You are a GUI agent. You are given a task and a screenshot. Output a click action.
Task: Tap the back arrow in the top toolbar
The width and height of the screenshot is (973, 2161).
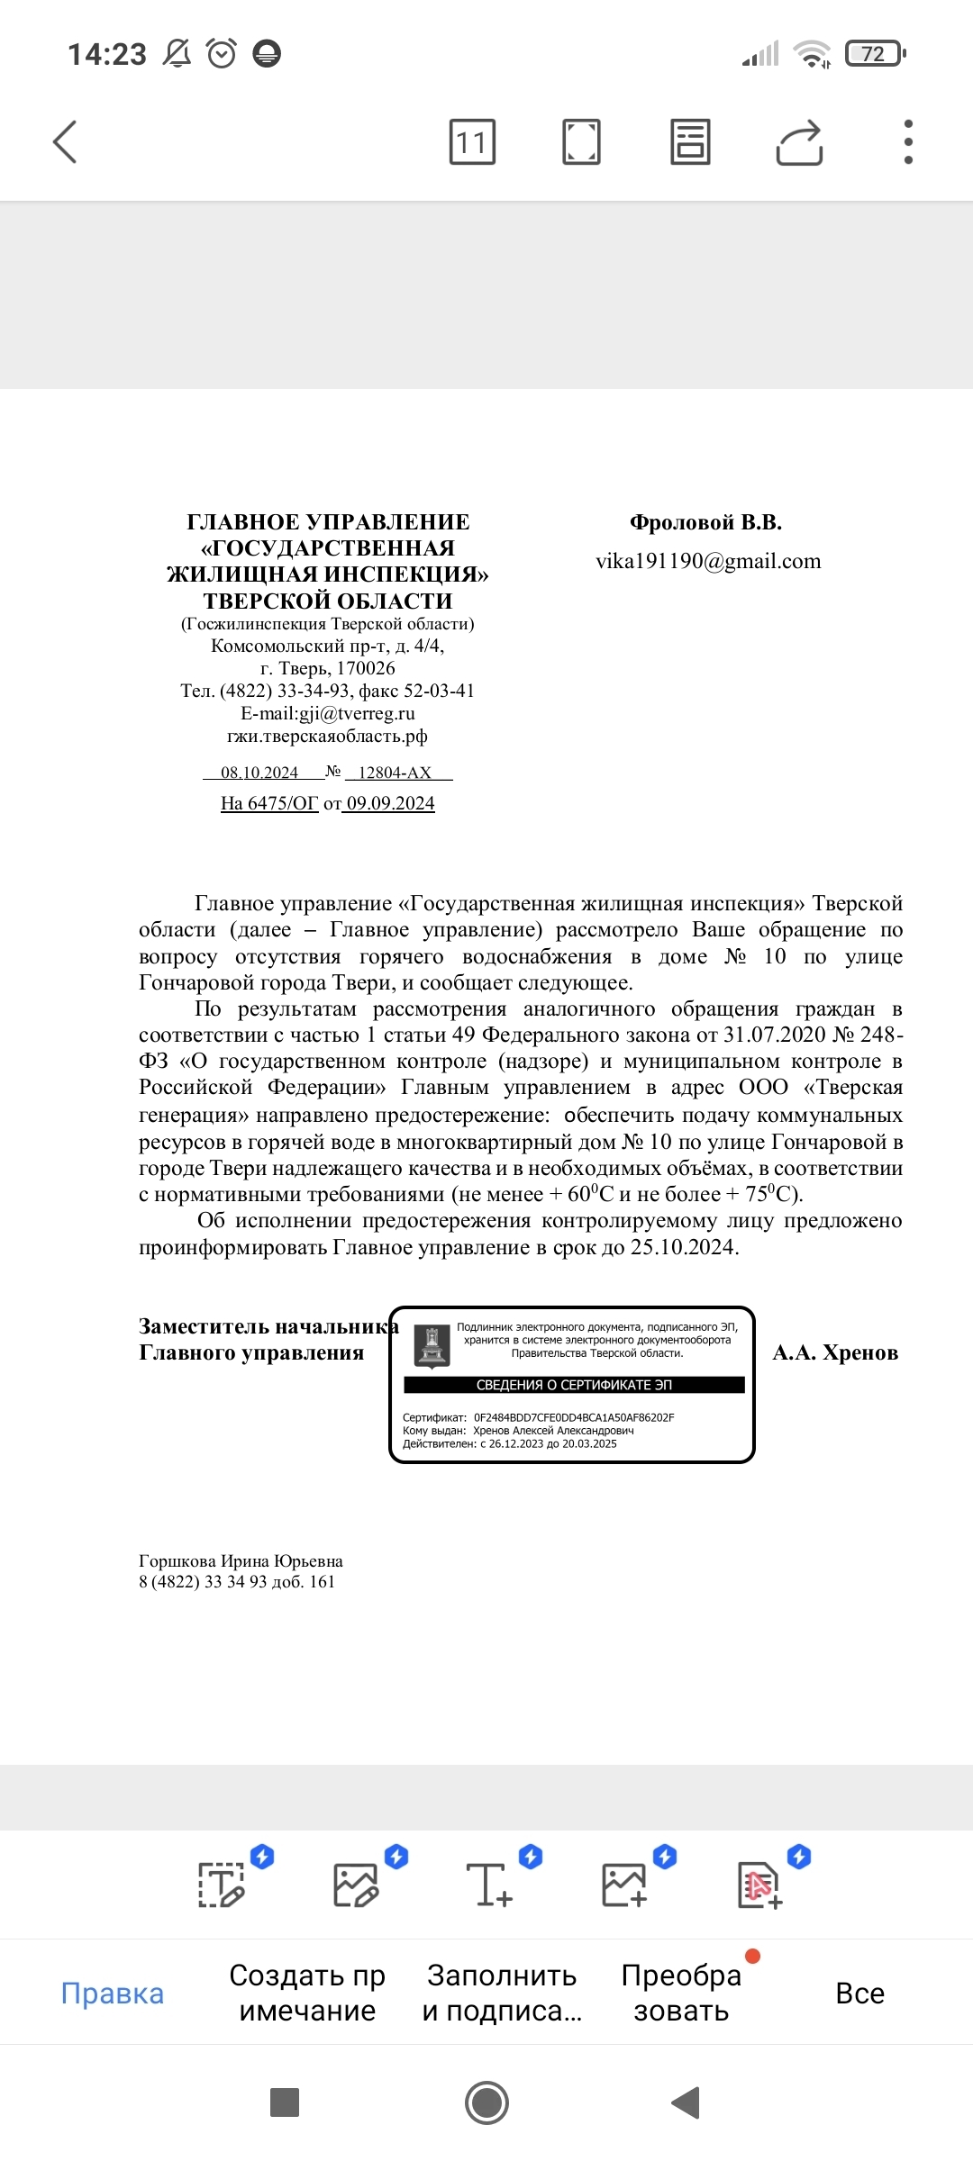(x=65, y=142)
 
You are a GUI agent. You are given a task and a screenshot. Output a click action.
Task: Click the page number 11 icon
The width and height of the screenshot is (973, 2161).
(x=472, y=142)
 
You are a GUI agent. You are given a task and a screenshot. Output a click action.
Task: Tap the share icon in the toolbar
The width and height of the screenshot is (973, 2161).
(x=799, y=142)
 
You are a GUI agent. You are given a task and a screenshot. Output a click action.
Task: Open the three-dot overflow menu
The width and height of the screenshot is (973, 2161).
(x=908, y=142)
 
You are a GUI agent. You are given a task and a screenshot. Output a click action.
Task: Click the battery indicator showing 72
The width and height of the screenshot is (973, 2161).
(x=874, y=54)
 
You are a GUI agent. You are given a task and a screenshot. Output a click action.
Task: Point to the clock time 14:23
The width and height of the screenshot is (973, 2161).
(x=107, y=55)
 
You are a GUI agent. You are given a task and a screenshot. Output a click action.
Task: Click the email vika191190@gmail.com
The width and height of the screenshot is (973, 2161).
(x=708, y=561)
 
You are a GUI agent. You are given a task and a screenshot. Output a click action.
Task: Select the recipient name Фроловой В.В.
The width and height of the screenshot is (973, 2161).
(x=705, y=522)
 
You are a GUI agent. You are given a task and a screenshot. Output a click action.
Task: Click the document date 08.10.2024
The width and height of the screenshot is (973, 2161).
(x=259, y=773)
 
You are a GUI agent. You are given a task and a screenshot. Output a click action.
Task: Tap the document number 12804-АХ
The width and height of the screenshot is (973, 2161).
(x=395, y=773)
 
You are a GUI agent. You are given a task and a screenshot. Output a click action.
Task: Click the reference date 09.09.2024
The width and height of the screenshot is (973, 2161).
(x=391, y=803)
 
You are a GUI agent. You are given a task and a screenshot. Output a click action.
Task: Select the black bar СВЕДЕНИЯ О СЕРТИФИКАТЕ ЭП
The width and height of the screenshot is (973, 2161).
(x=574, y=1385)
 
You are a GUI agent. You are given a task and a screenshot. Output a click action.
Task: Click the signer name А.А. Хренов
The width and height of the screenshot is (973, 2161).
(x=835, y=1352)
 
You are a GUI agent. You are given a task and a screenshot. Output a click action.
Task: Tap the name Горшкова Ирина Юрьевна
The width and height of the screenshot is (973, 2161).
(x=241, y=1560)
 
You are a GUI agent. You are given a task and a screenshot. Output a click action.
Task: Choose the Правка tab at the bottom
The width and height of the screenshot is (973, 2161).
(x=113, y=1993)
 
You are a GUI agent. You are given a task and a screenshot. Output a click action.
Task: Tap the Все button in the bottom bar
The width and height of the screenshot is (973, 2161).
(x=859, y=1993)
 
